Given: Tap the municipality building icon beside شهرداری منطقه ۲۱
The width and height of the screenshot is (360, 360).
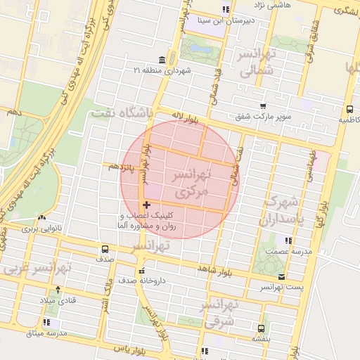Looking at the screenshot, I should point(162,59).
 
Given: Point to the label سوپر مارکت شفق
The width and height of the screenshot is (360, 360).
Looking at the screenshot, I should point(262,117).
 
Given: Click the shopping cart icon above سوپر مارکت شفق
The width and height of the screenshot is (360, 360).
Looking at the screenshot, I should point(263,105).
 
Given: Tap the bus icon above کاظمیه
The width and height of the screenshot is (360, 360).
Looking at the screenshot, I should point(349,109).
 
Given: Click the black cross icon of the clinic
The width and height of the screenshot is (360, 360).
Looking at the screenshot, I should point(146,204).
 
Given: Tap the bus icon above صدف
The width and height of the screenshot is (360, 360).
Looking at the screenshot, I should point(105,248).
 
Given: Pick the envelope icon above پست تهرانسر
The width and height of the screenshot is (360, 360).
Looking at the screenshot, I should point(282,276).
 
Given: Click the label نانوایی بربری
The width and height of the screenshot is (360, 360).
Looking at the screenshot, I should point(41,229).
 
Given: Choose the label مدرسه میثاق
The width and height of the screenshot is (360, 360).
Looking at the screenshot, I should point(45,333).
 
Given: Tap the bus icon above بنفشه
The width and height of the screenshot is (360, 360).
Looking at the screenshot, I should point(261,328).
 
